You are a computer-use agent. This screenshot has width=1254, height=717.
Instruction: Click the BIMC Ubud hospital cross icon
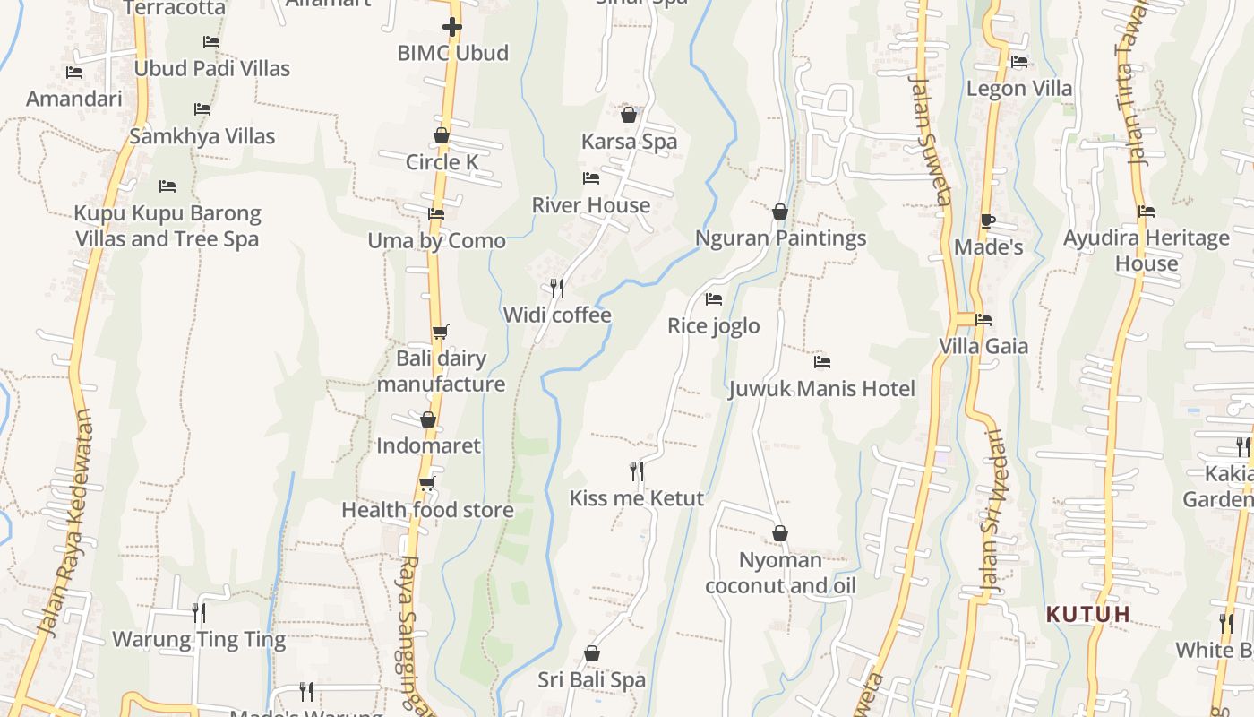click(452, 27)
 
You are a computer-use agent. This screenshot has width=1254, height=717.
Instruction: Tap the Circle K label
click(442, 162)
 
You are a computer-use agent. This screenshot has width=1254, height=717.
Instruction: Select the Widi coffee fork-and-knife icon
click(557, 288)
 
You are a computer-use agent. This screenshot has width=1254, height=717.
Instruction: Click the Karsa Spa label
click(629, 142)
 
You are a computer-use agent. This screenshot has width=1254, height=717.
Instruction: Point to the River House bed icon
click(591, 178)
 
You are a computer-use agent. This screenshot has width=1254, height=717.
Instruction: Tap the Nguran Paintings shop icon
click(780, 212)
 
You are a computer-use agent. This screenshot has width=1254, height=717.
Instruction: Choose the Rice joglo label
click(713, 325)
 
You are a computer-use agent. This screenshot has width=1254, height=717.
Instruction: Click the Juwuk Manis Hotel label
click(821, 389)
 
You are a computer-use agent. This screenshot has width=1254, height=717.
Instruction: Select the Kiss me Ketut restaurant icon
click(637, 471)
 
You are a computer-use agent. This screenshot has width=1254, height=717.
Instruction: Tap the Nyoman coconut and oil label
click(779, 574)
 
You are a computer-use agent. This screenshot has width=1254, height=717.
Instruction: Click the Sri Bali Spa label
click(591, 680)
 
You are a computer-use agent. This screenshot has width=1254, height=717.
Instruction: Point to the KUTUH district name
click(1088, 615)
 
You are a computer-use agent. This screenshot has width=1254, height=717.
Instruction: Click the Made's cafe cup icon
click(988, 220)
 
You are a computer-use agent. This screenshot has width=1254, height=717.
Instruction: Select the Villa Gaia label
click(983, 346)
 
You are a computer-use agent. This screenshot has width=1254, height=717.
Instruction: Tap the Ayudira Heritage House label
click(1146, 251)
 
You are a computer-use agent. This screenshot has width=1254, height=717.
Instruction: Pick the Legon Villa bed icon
click(1019, 62)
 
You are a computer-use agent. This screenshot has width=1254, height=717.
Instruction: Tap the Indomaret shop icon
click(428, 419)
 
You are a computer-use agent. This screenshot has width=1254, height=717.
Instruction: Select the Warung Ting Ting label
click(199, 640)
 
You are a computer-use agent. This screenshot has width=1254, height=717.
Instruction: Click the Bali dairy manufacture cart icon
click(440, 333)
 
